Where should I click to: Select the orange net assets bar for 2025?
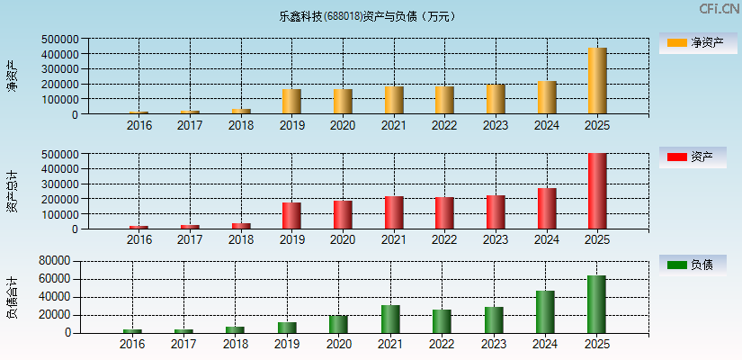[x=597, y=81]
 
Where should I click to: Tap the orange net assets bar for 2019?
[x=291, y=102]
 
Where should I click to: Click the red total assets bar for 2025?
[x=597, y=191]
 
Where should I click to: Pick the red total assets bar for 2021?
[x=394, y=212]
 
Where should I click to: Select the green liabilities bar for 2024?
[x=545, y=311]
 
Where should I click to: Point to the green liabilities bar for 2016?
[x=132, y=330]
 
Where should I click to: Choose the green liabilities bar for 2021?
[x=390, y=319]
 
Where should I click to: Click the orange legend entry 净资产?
[x=693, y=42]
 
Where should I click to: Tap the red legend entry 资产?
[x=693, y=157]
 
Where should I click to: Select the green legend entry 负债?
[x=693, y=265]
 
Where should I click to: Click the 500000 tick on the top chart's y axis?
[x=58, y=40]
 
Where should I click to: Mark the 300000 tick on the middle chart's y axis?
[x=58, y=184]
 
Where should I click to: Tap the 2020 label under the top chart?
[x=342, y=125]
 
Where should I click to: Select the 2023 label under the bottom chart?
[x=494, y=344]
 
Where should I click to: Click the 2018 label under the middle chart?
[x=240, y=239]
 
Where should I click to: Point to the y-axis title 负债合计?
[x=13, y=298]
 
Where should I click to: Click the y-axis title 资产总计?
[x=13, y=191]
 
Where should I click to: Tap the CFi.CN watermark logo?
[x=719, y=9]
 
